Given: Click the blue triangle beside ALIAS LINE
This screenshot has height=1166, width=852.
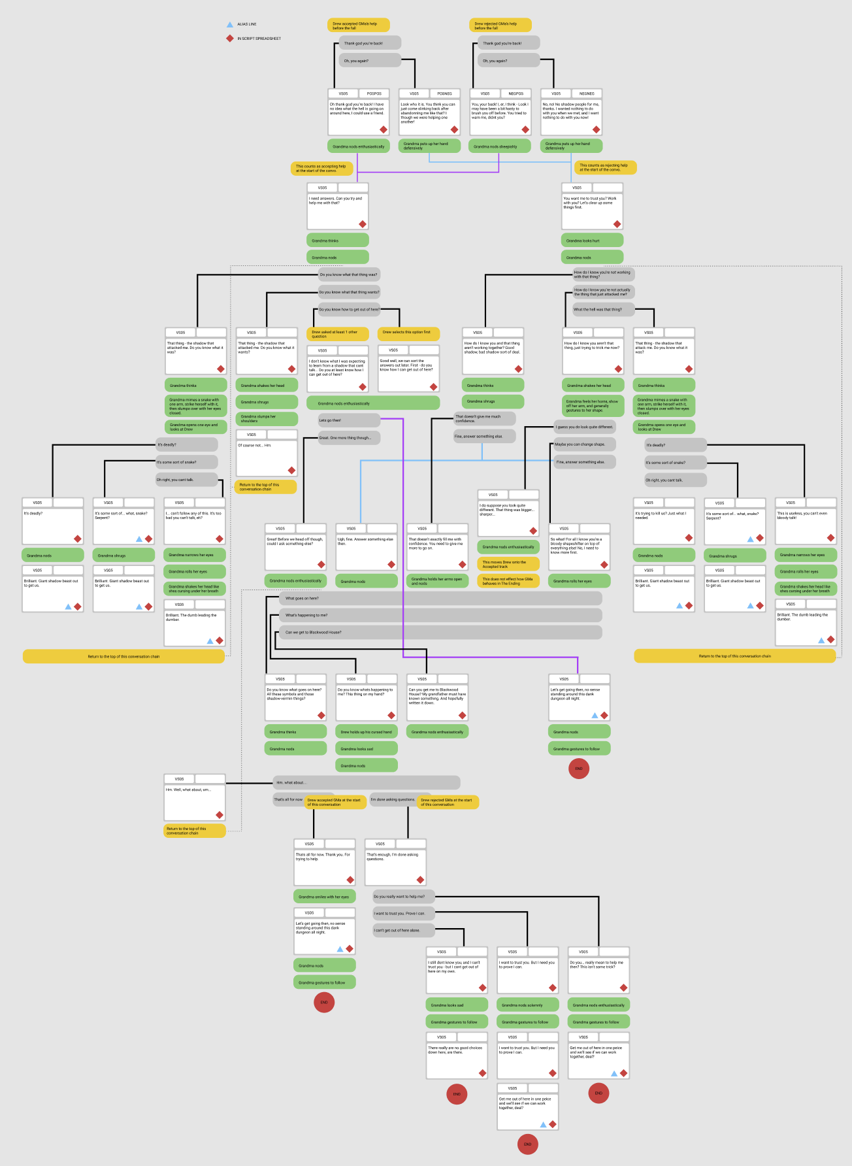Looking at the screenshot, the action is [229, 25].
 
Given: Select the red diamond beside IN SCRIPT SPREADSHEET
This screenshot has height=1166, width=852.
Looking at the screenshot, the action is [229, 39].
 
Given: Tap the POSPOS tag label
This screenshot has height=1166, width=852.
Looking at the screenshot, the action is [374, 93].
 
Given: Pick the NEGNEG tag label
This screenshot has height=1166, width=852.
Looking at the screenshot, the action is [587, 93].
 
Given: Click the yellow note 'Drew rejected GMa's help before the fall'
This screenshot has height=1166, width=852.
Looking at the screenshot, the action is [500, 25].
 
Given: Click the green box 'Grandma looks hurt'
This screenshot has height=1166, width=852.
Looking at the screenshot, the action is [591, 241].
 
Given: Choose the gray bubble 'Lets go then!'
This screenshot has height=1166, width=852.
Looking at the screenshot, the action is [349, 420].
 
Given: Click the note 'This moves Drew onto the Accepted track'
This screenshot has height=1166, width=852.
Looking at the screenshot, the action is [508, 564].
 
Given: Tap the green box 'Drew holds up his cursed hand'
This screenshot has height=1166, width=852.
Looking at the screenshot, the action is [367, 732].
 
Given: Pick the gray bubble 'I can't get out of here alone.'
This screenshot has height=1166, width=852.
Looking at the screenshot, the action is [403, 930].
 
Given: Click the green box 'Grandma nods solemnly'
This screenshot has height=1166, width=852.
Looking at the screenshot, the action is [528, 1005].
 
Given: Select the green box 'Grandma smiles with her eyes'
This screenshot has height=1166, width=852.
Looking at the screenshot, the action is [325, 897].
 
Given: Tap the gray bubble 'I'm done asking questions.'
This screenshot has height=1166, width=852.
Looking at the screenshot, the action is [393, 799].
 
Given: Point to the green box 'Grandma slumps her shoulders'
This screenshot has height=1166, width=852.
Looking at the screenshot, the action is [267, 419].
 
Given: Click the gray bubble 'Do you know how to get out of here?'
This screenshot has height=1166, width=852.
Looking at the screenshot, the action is [349, 309].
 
